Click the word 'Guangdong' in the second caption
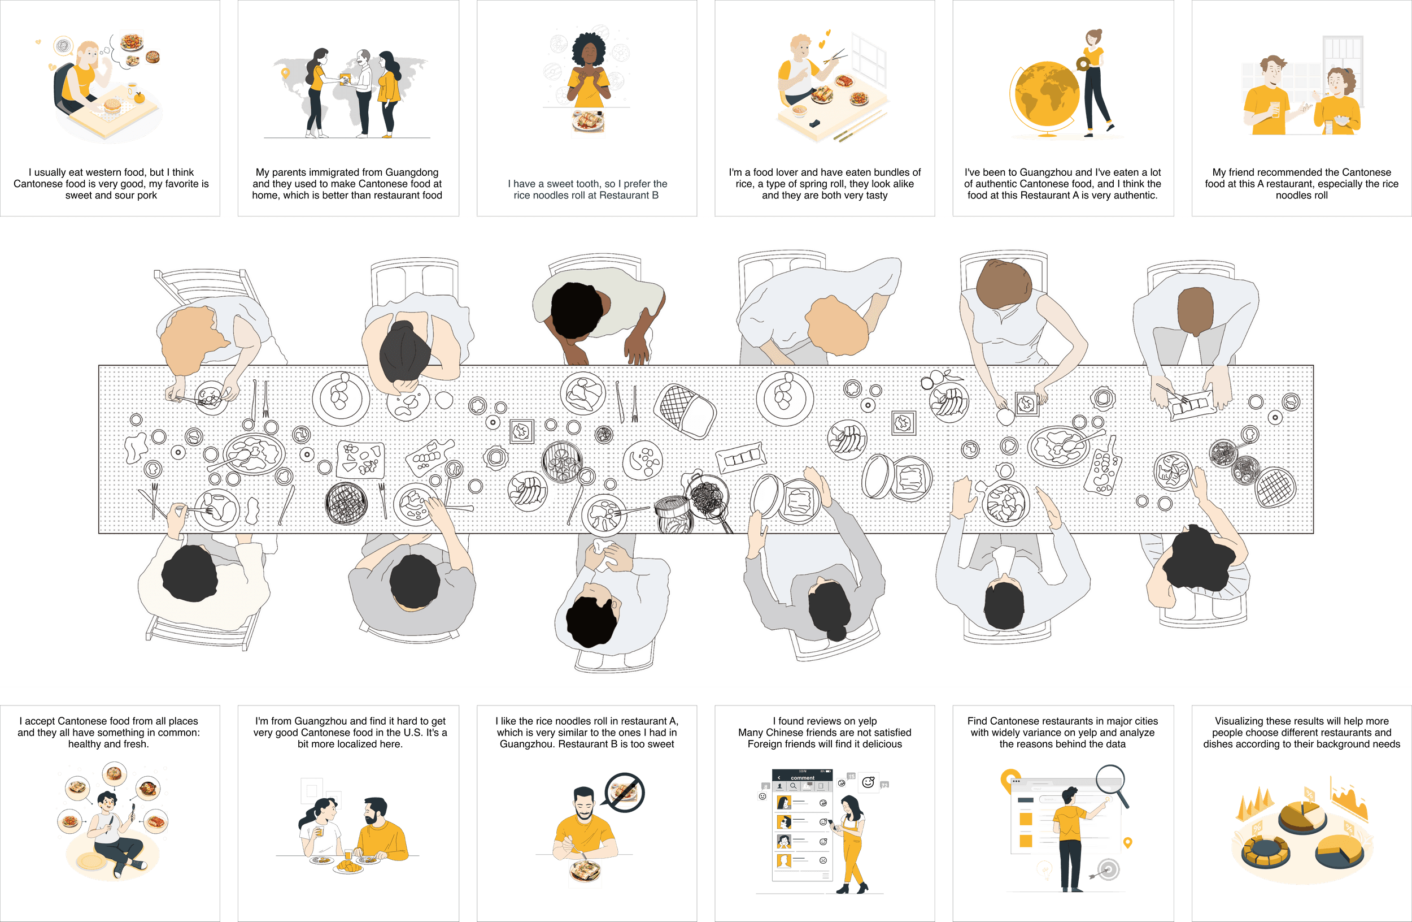(411, 172)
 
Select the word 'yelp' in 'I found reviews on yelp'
(867, 721)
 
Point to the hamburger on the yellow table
(113, 106)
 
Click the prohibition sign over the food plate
(625, 792)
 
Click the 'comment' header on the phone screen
(802, 777)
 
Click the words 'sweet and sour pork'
(111, 196)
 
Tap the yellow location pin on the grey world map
(285, 73)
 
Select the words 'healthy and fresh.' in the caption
(108, 744)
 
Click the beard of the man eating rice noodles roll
(584, 814)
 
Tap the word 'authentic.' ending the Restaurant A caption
(1134, 196)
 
